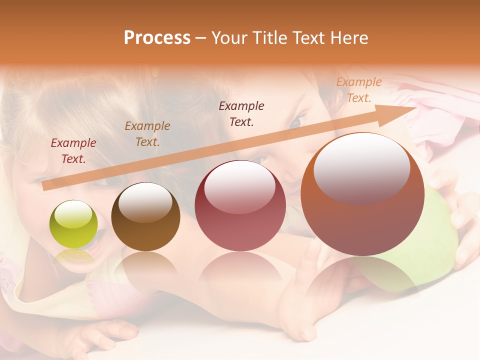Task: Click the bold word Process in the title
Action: tap(157, 38)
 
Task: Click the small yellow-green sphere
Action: tap(73, 224)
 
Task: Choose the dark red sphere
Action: tap(240, 206)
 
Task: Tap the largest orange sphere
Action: tap(362, 195)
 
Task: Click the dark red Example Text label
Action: tap(73, 151)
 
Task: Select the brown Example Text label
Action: tap(147, 133)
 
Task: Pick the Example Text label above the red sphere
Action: tap(241, 113)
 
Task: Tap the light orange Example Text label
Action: tap(358, 90)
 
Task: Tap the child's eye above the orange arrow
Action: tap(297, 121)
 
